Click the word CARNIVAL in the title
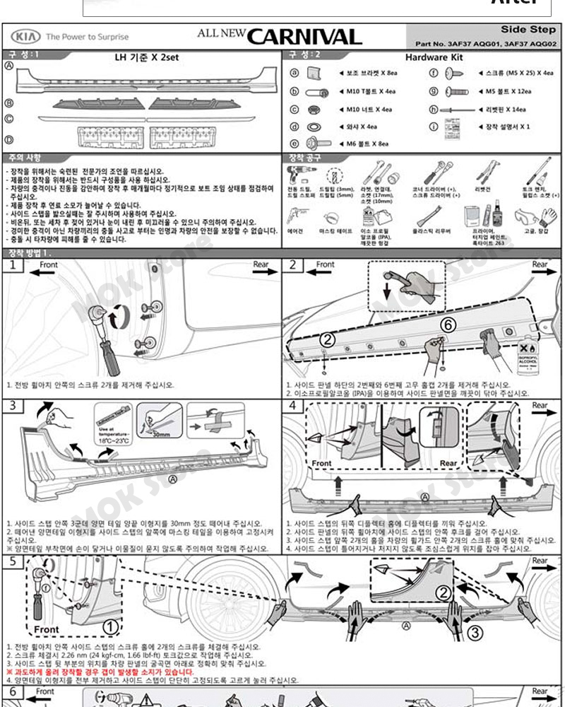pos(304,37)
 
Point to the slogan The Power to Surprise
pos(87,37)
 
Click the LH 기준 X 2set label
pos(143,57)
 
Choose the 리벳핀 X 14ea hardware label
pos(506,110)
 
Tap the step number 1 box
pos(13,267)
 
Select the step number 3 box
pos(13,406)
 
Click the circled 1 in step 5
pos(110,626)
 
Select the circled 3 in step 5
pos(475,631)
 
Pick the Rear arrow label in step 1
pos(261,265)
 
